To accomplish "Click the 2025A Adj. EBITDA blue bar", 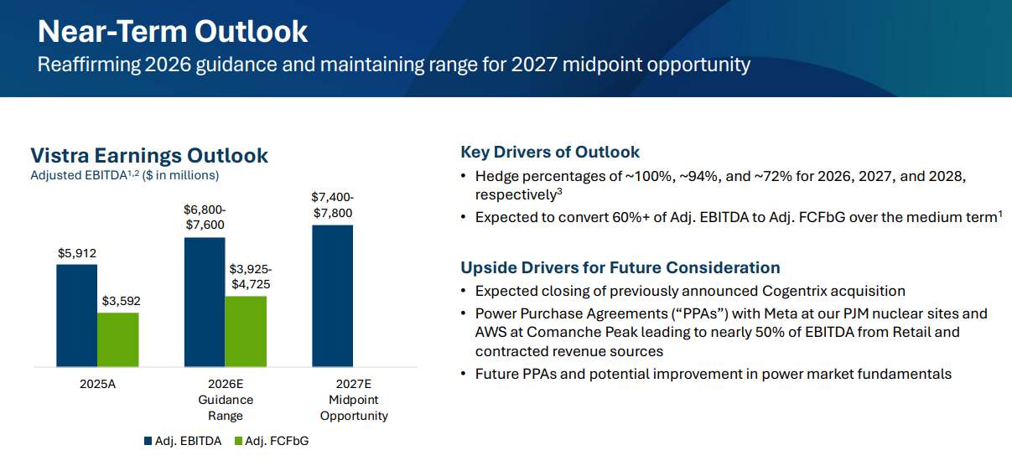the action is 77,316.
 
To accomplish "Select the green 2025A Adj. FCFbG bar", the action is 118,339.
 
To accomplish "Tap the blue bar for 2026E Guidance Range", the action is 205,302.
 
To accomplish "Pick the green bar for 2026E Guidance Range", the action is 246,332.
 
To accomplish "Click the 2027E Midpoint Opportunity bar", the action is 333,296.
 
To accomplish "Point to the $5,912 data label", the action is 77,253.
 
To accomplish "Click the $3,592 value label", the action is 121,301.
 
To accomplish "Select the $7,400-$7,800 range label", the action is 333,205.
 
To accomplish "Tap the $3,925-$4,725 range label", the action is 251,277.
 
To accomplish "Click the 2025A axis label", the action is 97,384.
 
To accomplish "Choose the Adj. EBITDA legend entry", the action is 183,441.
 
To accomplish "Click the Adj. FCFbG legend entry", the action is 272,441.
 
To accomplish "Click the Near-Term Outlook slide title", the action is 173,32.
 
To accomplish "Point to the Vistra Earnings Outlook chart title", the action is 149,155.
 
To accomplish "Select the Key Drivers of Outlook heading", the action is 550,153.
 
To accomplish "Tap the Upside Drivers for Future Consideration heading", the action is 620,268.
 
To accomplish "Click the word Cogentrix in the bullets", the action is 794,292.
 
